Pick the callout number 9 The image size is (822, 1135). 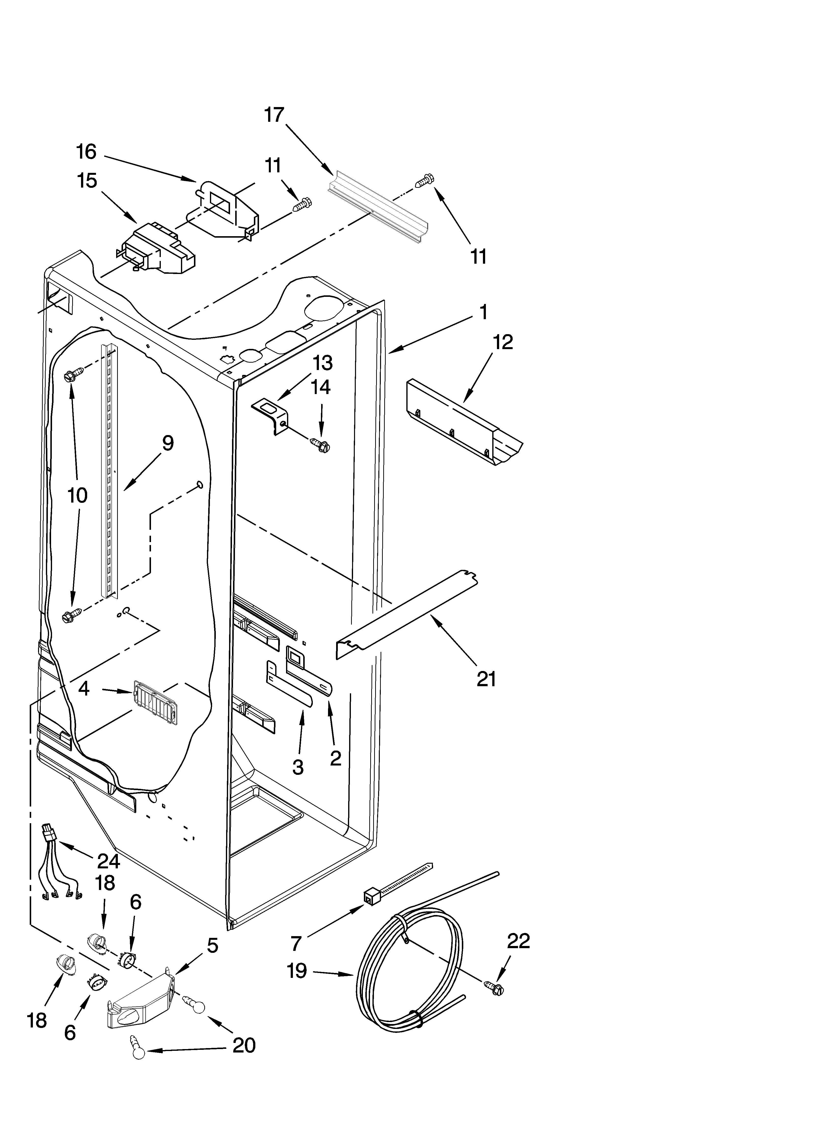(168, 443)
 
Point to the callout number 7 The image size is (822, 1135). (296, 943)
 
